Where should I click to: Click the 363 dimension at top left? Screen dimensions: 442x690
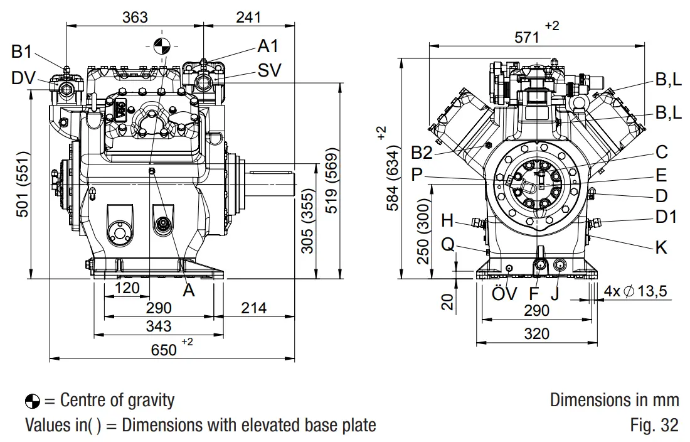pos(135,17)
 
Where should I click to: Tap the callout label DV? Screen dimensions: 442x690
pos(23,78)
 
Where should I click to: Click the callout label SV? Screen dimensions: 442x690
pos(269,70)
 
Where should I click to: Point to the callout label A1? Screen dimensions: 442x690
pos(268,46)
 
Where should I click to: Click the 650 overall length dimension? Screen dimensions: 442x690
pos(164,349)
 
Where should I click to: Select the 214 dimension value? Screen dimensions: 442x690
pos(253,308)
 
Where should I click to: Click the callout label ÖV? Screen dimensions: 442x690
pos(504,293)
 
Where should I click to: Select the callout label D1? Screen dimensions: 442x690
pos(666,217)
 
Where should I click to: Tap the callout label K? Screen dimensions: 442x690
pos(661,247)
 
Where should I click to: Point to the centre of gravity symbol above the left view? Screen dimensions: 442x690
pos(161,45)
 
